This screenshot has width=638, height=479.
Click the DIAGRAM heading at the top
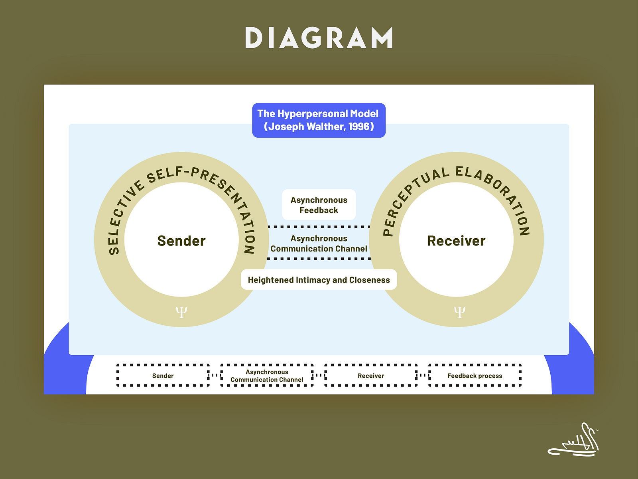point(319,38)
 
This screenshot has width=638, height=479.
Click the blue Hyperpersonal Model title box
point(319,120)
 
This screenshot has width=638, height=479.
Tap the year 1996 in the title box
point(358,127)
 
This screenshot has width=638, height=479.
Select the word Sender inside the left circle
point(181,241)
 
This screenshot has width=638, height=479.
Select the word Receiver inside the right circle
point(456,241)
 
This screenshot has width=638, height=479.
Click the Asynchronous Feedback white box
point(319,205)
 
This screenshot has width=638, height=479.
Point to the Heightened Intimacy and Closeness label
point(319,280)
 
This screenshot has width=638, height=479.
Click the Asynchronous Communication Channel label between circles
point(319,243)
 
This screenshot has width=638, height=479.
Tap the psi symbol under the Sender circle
point(181,312)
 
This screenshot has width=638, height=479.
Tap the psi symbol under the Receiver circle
point(459,312)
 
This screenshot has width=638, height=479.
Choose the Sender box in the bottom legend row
point(163,376)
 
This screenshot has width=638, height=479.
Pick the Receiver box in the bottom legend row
point(371,376)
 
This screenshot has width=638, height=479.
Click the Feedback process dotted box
point(475,376)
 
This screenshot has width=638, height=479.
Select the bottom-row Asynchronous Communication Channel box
point(267,376)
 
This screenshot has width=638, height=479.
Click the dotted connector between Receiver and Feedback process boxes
point(423,375)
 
